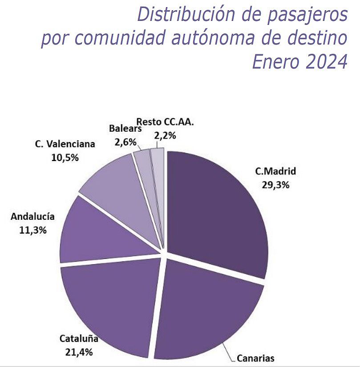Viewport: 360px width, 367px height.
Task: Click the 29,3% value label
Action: pyautogui.click(x=275, y=185)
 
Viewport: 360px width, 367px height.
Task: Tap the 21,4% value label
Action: pyautogui.click(x=79, y=352)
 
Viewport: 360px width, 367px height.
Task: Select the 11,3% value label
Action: pyautogui.click(x=33, y=230)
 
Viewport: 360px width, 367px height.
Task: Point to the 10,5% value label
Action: pyautogui.click(x=65, y=158)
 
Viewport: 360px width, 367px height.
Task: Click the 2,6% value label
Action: pyautogui.click(x=125, y=142)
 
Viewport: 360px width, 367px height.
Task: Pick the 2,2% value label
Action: pyautogui.click(x=165, y=136)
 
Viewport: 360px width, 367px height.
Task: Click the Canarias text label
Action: pyautogui.click(x=255, y=358)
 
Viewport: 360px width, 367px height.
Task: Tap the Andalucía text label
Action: pyautogui.click(x=32, y=217)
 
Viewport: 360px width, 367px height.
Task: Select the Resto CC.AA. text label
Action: pyautogui.click(x=165, y=122)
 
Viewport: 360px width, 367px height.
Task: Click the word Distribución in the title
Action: pyautogui.click(x=186, y=14)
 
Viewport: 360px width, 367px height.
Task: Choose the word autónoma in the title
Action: pyautogui.click(x=213, y=37)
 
